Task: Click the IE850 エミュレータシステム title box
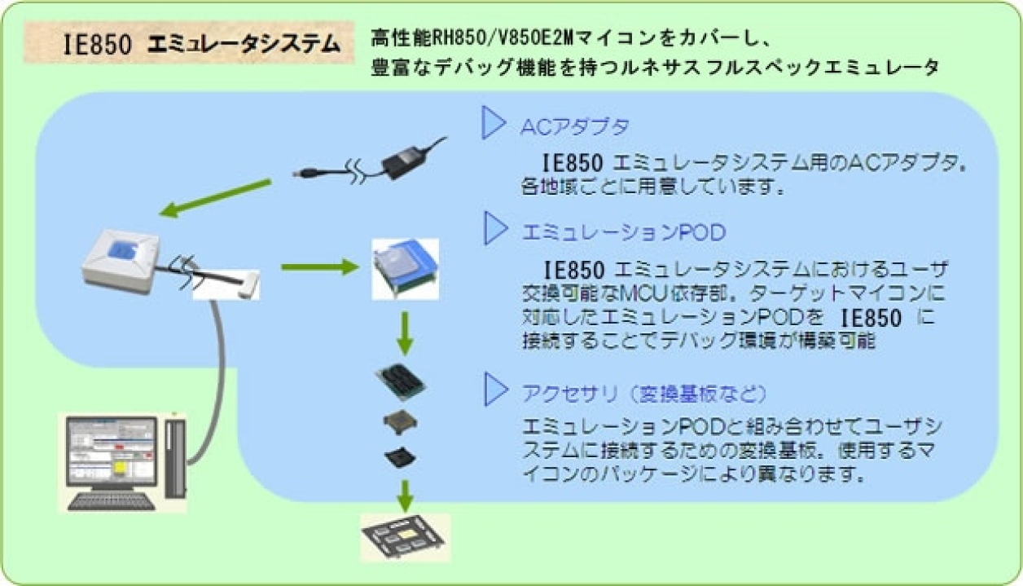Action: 189,44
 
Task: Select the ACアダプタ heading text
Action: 574,127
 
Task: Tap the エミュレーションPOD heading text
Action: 622,233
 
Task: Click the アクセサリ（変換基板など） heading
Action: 643,394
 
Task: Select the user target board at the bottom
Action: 405,538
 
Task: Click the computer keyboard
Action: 111,500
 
